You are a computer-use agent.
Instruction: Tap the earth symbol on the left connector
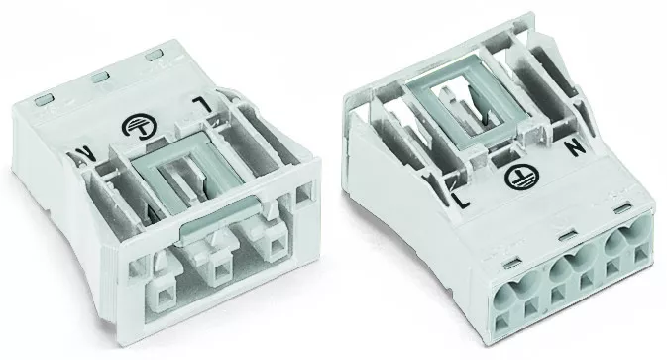click(x=139, y=126)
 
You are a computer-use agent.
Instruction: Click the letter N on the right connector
click(x=576, y=148)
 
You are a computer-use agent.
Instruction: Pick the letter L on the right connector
click(x=461, y=199)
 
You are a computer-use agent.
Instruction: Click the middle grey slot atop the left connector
click(x=101, y=77)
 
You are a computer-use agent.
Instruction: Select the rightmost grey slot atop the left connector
click(x=154, y=56)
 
